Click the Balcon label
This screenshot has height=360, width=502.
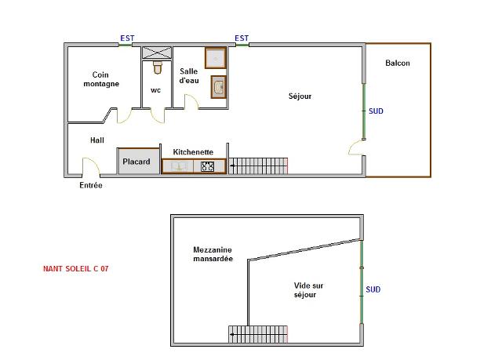pos(397,64)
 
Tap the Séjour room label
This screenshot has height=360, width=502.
pos(300,96)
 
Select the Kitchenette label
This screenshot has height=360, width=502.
pos(193,152)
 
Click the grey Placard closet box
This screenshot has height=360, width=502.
pos(136,162)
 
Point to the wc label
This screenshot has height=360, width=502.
pos(156,90)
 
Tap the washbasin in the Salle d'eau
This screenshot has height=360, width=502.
pos(219,87)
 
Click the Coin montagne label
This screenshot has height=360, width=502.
pos(100,79)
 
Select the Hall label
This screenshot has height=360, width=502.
pos(97,140)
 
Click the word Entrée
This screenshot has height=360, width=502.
pos(91,186)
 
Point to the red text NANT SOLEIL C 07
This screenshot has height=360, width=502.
pos(75,269)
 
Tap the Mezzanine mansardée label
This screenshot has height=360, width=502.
pos(213,254)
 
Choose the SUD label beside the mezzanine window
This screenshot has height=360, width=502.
pos(373,289)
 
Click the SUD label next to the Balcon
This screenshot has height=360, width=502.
pos(376,111)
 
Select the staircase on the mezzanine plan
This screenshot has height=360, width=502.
pos(258,334)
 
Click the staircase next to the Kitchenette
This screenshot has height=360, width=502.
pos(258,165)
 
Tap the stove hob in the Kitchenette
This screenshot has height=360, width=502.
pos(208,166)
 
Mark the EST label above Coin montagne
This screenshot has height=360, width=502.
pos(127,38)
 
